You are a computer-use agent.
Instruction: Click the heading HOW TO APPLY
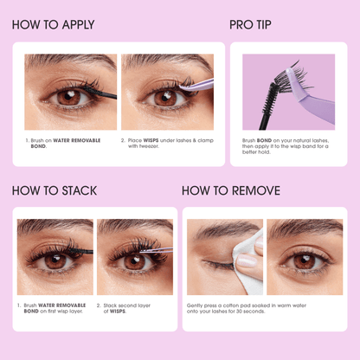coord(54,25)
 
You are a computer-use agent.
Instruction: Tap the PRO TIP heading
coord(250,25)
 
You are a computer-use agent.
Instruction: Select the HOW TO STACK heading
coord(55,190)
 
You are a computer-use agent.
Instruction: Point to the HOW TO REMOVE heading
coord(231,190)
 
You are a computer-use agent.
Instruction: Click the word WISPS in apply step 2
coord(151,140)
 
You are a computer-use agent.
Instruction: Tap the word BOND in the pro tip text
coord(264,140)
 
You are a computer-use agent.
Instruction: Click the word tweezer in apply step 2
coord(149,146)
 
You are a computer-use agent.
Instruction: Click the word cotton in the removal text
coord(231,305)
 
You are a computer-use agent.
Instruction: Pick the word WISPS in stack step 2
coord(118,312)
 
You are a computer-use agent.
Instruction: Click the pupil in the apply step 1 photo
coord(68,96)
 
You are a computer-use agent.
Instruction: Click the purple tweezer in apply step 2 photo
coord(196,85)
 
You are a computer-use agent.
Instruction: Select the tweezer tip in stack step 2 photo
coord(141,252)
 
